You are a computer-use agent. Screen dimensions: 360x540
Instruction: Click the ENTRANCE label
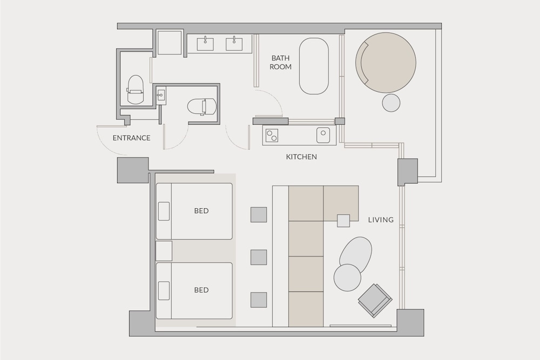pyautogui.click(x=131, y=138)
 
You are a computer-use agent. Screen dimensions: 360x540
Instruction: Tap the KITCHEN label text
pyautogui.click(x=301, y=157)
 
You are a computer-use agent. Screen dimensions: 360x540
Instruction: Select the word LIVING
pyautogui.click(x=381, y=220)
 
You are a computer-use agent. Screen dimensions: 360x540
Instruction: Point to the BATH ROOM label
pyautogui.click(x=281, y=63)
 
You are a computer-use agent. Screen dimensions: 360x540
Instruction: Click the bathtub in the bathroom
pyautogui.click(x=314, y=66)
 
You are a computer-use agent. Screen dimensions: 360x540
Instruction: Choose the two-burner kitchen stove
pyautogui.click(x=271, y=135)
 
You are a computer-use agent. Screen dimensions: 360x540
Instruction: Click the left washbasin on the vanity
pyautogui.click(x=205, y=43)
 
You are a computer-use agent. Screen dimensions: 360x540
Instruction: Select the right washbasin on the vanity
pyautogui.click(x=234, y=43)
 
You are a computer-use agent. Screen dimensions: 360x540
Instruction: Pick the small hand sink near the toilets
pyautogui.click(x=161, y=96)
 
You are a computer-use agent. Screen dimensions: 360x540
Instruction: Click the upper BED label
pyautogui.click(x=201, y=210)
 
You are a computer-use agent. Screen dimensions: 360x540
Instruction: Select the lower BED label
pyautogui.click(x=201, y=290)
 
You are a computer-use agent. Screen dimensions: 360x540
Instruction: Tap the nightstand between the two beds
pyautogui.click(x=164, y=251)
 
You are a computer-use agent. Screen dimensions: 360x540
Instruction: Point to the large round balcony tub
pyautogui.click(x=386, y=62)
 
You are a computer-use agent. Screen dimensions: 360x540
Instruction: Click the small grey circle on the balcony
pyautogui.click(x=391, y=103)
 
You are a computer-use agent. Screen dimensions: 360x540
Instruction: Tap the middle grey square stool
pyautogui.click(x=259, y=257)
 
